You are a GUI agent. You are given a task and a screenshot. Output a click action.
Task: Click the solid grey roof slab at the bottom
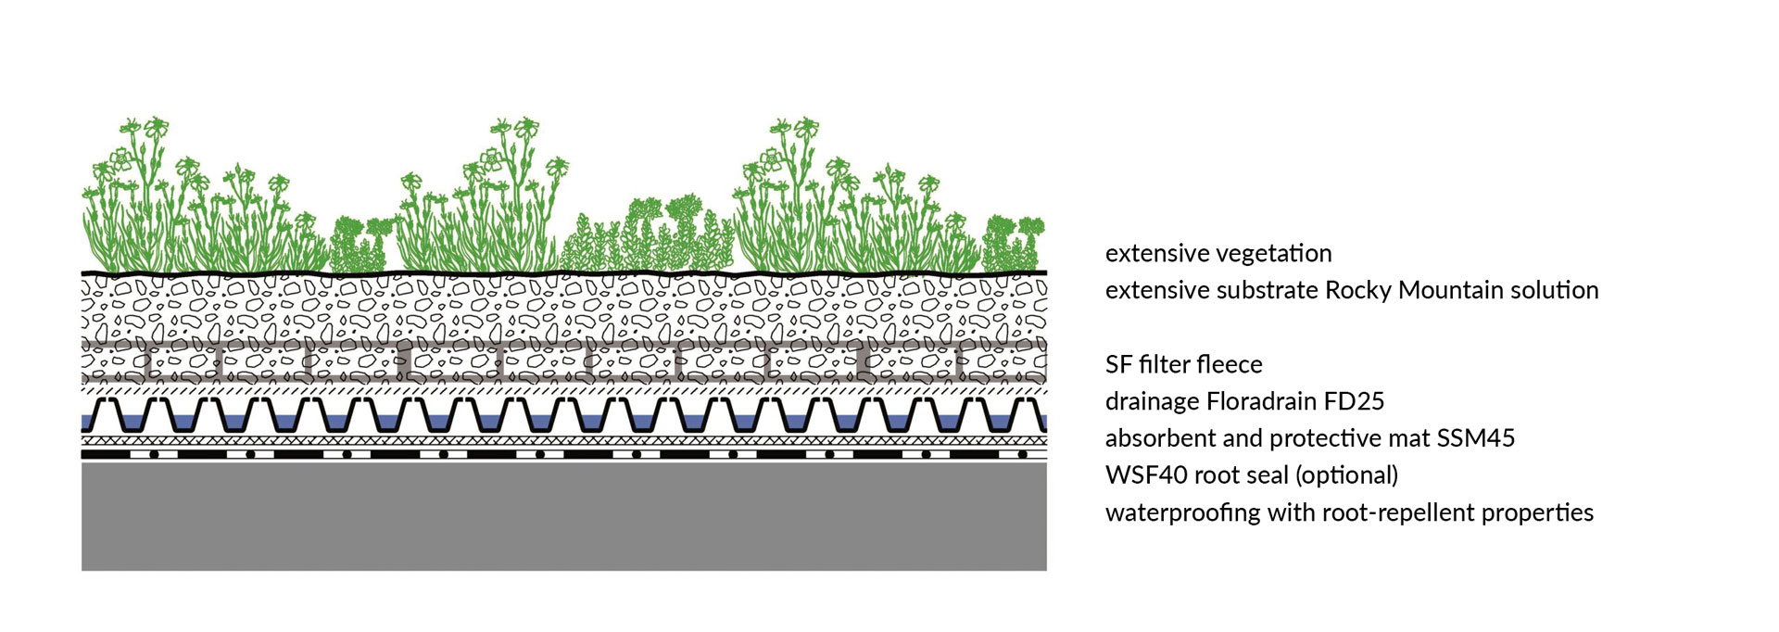point(564,516)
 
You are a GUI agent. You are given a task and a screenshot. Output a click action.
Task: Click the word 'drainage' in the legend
point(1153,402)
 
